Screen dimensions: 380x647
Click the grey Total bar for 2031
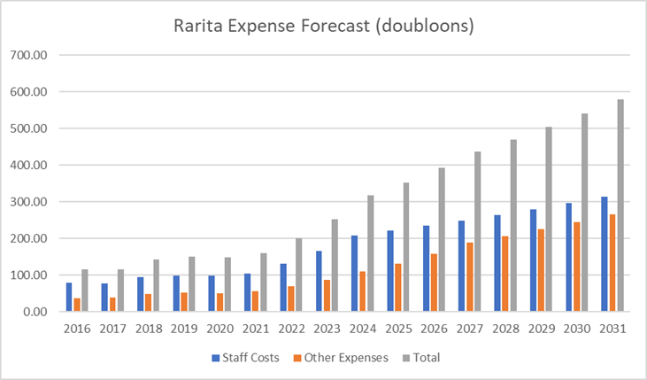(x=621, y=206)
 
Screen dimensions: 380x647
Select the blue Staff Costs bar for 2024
(x=355, y=274)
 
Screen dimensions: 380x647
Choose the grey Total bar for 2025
(x=407, y=247)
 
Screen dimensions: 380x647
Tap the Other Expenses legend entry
(x=342, y=358)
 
